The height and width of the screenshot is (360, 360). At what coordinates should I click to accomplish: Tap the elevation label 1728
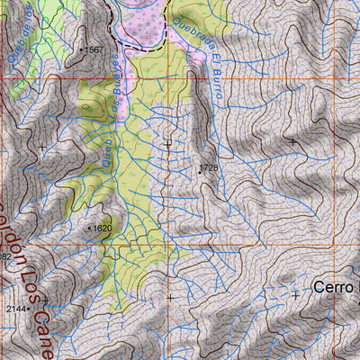pos(211,167)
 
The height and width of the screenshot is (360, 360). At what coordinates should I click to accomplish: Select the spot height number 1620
pos(103,229)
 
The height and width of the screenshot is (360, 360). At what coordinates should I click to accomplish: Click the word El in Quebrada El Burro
pos(214,59)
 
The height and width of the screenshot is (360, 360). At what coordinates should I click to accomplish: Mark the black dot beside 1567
pos(81,50)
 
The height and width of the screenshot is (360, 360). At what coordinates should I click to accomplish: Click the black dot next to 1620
pos(89,229)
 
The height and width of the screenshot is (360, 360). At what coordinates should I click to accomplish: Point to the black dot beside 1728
pos(199,168)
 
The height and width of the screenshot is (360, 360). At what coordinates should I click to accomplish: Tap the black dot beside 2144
pos(30,309)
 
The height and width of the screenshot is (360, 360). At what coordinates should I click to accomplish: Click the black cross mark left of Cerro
pos(295,294)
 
